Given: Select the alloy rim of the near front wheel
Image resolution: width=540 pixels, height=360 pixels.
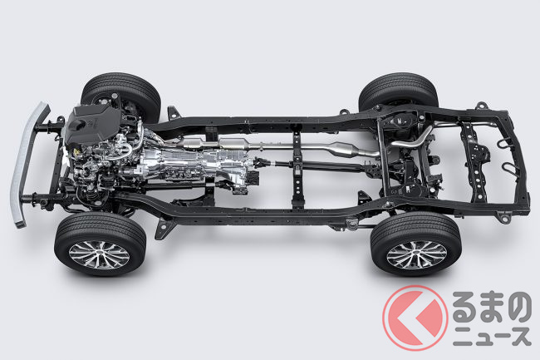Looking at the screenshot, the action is pos(99,255).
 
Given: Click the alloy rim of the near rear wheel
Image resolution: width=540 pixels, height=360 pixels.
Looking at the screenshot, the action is pos(417,255).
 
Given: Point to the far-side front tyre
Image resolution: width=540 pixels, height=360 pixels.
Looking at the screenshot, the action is pos(120,95).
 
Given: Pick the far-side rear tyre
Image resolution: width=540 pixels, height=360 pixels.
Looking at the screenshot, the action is pos(399,91).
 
